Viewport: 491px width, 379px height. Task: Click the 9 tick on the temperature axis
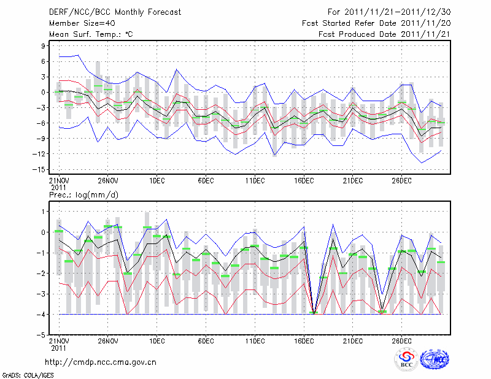pos(44,46)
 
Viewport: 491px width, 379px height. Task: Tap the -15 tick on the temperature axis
pos(41,169)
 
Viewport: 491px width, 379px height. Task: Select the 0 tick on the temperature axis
pos(44,92)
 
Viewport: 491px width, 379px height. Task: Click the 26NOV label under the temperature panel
pos(107,180)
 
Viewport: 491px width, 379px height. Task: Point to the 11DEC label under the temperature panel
pos(255,180)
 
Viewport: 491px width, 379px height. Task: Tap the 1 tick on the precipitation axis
pos(44,211)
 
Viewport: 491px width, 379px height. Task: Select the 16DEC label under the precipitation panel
pos(304,341)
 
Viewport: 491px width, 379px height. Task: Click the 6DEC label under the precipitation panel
pos(206,341)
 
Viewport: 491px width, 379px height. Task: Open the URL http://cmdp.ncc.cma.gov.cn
pos(101,362)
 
